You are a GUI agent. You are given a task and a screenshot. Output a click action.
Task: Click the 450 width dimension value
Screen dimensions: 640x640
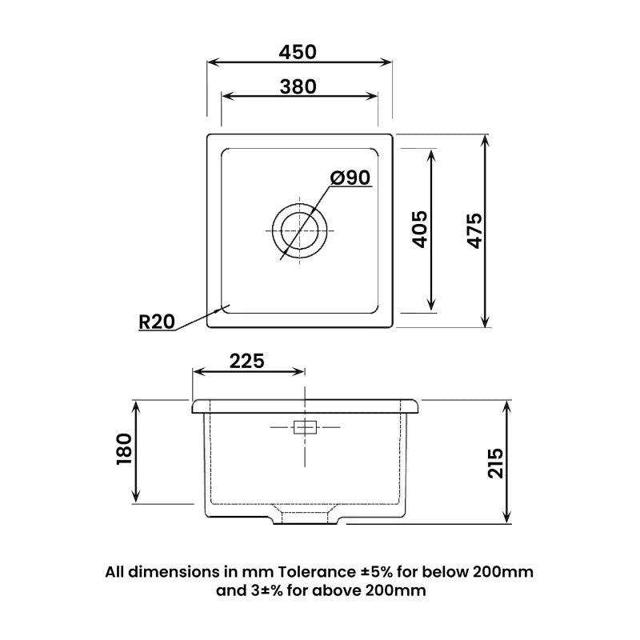tap(298, 51)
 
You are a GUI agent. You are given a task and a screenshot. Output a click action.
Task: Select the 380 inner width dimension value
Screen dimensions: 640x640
tap(298, 86)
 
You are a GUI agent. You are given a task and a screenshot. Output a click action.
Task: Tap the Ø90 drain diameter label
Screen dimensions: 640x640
tap(350, 178)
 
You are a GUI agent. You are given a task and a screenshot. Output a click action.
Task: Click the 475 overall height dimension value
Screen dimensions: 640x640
tap(473, 230)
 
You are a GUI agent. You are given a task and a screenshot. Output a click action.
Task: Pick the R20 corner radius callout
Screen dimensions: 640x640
tap(156, 322)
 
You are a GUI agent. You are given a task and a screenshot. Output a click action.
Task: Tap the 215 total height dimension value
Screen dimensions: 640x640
tap(494, 463)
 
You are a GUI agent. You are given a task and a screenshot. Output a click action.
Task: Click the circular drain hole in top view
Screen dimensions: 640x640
tap(299, 228)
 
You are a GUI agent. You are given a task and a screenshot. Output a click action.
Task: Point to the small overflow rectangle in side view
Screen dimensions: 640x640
tap(306, 427)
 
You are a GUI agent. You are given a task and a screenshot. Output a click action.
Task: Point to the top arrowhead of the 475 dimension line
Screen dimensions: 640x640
tap(486, 139)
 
